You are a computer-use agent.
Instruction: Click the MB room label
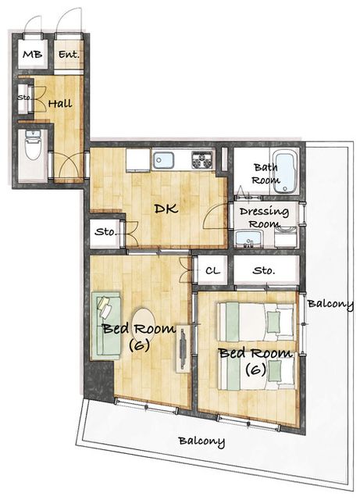[33, 54]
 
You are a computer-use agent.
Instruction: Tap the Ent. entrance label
[69, 55]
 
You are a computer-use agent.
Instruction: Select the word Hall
[60, 104]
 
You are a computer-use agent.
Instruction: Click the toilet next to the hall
[33, 144]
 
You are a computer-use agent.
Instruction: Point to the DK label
[166, 209]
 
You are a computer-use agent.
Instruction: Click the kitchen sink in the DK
[163, 160]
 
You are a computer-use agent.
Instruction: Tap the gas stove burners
[201, 159]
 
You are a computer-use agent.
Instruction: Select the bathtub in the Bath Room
[284, 173]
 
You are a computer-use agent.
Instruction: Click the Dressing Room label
[265, 217]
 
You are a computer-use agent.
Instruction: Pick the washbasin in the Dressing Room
[248, 239]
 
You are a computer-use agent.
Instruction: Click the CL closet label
[212, 271]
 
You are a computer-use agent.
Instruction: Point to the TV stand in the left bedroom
[183, 348]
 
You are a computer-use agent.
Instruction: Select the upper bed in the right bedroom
[255, 322]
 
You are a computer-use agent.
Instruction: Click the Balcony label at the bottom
[201, 441]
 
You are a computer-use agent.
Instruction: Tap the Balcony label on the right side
[330, 304]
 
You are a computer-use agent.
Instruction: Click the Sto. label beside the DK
[105, 232]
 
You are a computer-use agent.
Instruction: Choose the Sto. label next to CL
[264, 271]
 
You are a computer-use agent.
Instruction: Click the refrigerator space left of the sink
[138, 160]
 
